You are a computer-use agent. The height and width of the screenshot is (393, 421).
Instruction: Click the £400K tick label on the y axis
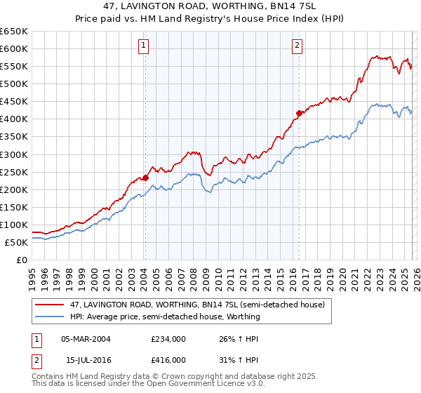click(14, 119)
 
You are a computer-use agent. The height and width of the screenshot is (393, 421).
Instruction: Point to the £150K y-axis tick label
click(14, 207)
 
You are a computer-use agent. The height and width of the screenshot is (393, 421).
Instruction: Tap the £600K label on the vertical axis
click(14, 48)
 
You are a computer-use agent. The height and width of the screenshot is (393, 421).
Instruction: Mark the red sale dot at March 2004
click(145, 178)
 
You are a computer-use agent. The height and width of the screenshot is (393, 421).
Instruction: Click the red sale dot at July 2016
click(299, 113)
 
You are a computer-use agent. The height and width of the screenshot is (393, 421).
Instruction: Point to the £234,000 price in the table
click(168, 338)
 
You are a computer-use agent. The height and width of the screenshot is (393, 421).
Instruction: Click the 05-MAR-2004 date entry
click(86, 338)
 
